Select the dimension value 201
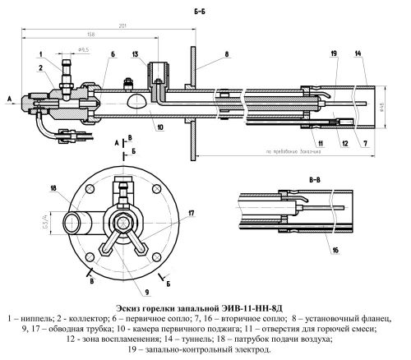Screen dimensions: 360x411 click(x=122, y=27)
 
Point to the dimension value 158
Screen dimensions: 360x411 click(x=90, y=35)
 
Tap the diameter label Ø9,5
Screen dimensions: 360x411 click(x=84, y=50)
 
